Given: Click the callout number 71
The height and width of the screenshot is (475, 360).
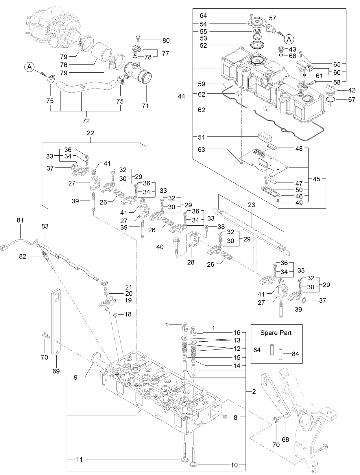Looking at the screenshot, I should (145, 106).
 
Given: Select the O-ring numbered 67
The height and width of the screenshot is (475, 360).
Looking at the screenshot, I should (331, 100).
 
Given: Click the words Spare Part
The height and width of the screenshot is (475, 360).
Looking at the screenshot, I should (276, 333).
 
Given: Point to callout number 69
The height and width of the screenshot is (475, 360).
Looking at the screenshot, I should (56, 371).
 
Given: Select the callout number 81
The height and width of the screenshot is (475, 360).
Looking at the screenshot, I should (20, 220).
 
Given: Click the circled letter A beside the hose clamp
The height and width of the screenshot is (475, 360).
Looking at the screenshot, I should (29, 67).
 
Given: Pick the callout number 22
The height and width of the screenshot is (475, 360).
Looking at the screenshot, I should (91, 133).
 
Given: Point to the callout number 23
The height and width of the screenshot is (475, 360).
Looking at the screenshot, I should (251, 205).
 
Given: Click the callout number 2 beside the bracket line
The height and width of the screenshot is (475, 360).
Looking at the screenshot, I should (254, 392).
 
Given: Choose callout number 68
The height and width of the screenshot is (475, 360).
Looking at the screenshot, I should (285, 440).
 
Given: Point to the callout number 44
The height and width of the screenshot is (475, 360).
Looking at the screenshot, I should (181, 97).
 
